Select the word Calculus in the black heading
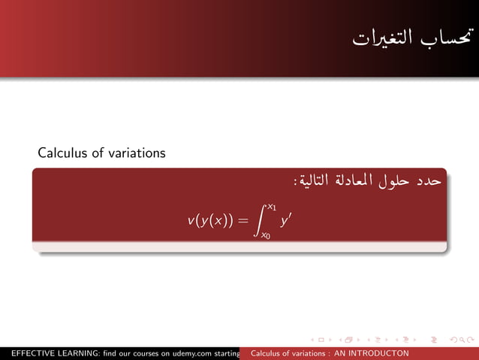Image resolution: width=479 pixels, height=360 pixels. point(62,153)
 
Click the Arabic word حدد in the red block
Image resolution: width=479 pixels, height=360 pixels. point(433,182)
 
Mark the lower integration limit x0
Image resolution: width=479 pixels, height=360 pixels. point(266,236)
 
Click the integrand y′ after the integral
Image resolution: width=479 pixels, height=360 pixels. point(285,220)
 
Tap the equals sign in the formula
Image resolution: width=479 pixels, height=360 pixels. point(242,221)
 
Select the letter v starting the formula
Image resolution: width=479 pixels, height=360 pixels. point(191,221)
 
